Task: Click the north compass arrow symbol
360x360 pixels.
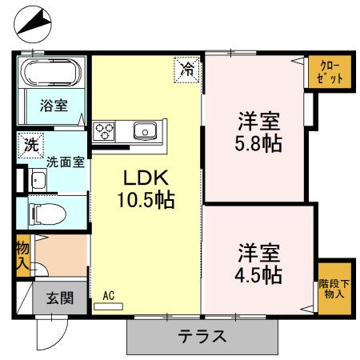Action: point(31,24)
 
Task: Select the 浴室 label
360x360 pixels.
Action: point(54,105)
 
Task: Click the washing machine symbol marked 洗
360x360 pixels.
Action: point(30,146)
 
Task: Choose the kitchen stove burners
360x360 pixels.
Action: point(106,130)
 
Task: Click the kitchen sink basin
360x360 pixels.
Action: point(144,131)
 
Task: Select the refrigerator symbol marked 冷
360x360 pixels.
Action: point(187,70)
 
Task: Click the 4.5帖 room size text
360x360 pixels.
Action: point(258,275)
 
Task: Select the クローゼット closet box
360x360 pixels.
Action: point(329,72)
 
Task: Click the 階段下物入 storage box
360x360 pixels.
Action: point(332,288)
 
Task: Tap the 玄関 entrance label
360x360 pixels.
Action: point(60,299)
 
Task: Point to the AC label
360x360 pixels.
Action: point(108,295)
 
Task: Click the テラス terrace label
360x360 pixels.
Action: point(202,336)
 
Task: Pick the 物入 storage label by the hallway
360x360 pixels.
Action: point(23,255)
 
